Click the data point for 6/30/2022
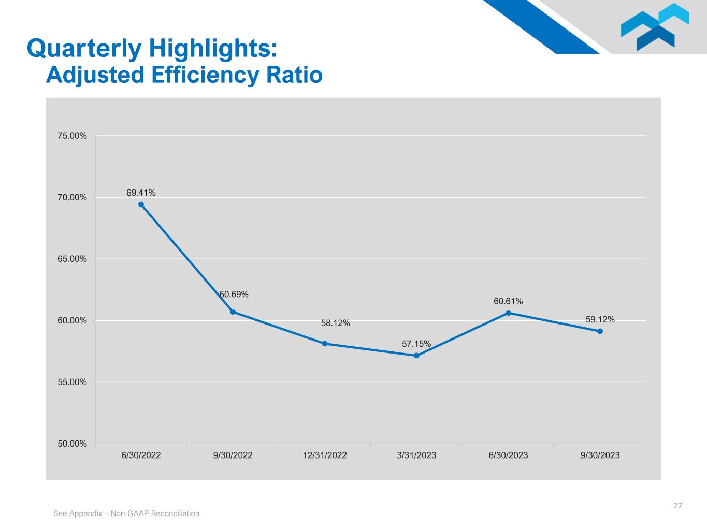point(141,204)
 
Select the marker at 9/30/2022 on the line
point(233,312)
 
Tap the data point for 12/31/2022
point(325,344)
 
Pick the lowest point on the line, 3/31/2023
point(416,356)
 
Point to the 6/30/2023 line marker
point(508,313)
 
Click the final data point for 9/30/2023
point(600,331)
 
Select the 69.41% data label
point(141,193)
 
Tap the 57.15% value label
point(416,344)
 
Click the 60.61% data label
point(508,301)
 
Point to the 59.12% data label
point(600,319)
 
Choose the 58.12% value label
point(335,323)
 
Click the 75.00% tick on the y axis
point(72,136)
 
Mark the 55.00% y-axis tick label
point(72,382)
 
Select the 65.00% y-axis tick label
point(72,259)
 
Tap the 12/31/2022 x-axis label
point(325,455)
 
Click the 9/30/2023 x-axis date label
point(600,455)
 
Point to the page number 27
point(677,505)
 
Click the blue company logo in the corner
point(655,27)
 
